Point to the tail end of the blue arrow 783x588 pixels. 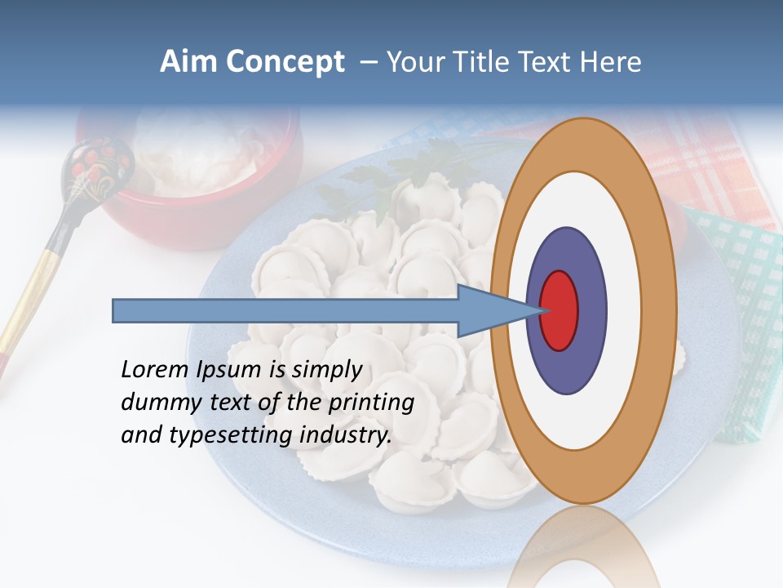[x=114, y=310]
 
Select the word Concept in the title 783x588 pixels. [x=285, y=62]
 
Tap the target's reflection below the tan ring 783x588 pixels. [x=583, y=547]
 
